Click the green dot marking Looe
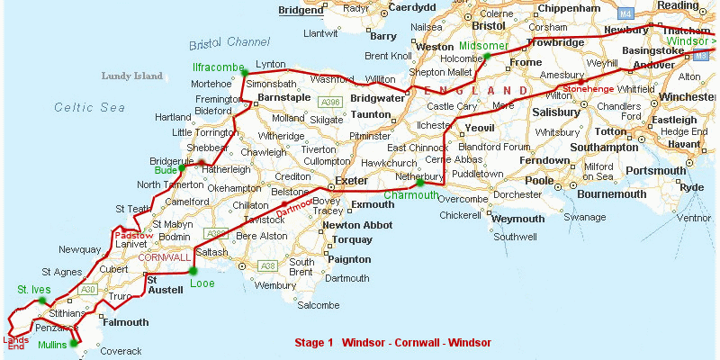[193, 270]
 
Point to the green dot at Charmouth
[420, 183]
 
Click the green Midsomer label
[483, 45]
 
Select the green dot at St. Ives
[41, 301]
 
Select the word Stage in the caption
[310, 343]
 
